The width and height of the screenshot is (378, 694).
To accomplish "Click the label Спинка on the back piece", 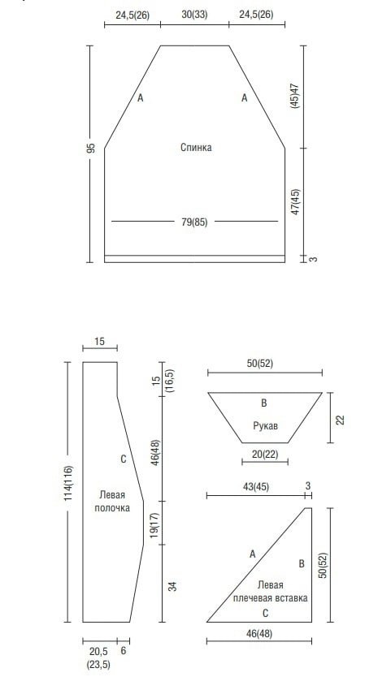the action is (x=196, y=148).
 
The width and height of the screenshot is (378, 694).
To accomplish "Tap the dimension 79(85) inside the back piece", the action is (x=194, y=222).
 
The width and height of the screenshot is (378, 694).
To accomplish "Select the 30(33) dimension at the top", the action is (x=194, y=15).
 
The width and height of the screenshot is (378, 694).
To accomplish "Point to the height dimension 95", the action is (x=91, y=148).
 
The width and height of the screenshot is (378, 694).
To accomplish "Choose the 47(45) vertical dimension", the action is (x=295, y=202).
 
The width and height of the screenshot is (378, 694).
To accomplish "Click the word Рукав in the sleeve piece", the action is (x=265, y=426).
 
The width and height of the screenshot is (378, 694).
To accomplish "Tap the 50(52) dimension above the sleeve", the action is (x=259, y=364).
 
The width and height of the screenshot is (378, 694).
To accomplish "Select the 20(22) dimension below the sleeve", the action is (x=264, y=454).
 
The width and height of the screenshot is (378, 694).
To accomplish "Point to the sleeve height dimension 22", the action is (x=340, y=420).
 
